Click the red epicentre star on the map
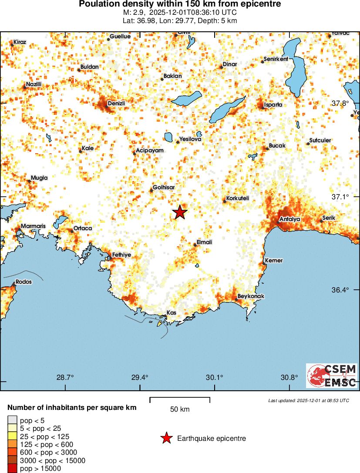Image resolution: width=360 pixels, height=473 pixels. (x=180, y=212)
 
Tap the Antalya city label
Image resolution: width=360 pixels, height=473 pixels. (x=290, y=219)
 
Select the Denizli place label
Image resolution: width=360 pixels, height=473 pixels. (x=116, y=103)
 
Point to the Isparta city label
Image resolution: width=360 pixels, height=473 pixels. (x=273, y=104)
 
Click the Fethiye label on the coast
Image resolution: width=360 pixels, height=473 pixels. (x=121, y=255)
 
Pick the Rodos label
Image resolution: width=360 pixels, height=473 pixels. (x=24, y=282)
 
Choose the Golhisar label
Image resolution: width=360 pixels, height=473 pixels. (x=164, y=187)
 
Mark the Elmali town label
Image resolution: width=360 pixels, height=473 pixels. (x=204, y=242)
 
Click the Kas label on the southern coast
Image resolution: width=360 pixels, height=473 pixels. (x=171, y=313)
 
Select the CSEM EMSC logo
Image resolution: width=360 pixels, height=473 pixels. (x=332, y=376)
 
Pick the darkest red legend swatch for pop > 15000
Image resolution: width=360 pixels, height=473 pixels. (x=12, y=469)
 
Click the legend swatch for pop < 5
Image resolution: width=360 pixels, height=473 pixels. (x=12, y=420)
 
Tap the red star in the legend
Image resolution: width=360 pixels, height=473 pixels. (x=166, y=439)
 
